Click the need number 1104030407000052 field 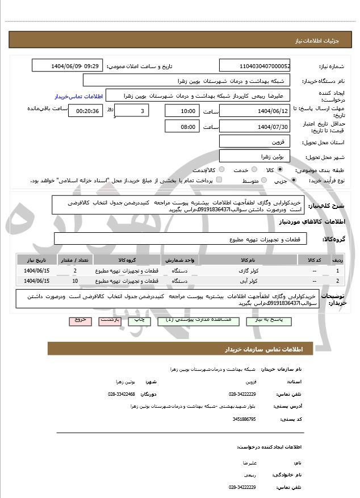coord(256,66)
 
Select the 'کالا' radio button coord(280,170)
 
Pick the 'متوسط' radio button coord(263,181)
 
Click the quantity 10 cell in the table coord(75,281)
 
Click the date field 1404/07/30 coord(256,127)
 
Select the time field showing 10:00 coord(182,111)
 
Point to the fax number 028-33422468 coord(122,394)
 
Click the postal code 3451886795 coord(244,419)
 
